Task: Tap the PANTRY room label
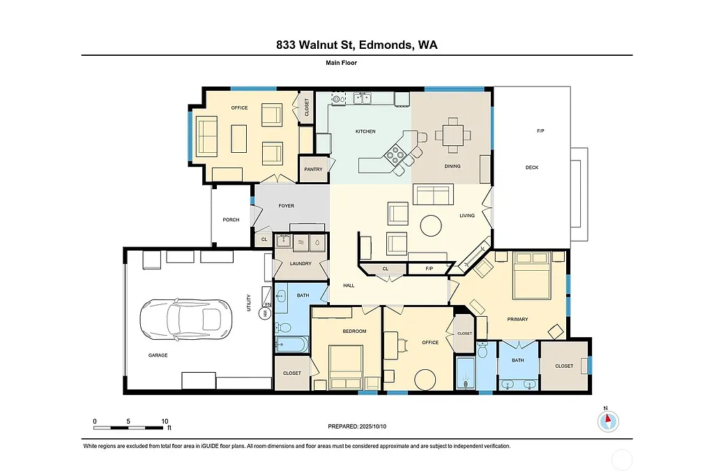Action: click(x=313, y=169)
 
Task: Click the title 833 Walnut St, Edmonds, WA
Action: click(x=357, y=45)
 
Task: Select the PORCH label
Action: click(x=231, y=220)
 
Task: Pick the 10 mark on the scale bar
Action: click(x=165, y=421)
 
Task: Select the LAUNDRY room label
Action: click(x=301, y=264)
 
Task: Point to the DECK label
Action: click(x=531, y=168)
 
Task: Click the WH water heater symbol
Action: click(x=265, y=314)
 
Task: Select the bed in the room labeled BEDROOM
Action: click(x=346, y=366)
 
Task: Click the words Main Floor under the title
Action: click(x=342, y=63)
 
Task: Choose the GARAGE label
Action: click(x=158, y=355)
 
